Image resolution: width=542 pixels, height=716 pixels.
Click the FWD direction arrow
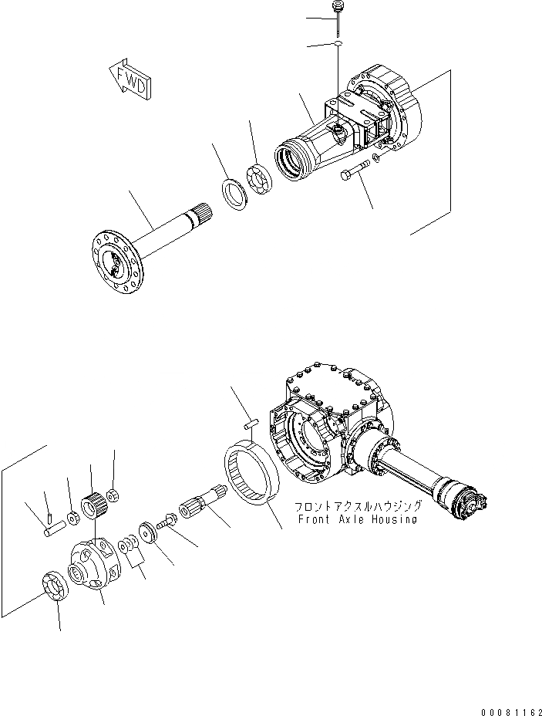pyautogui.click(x=132, y=79)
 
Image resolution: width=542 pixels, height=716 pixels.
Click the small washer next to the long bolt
pyautogui.click(x=374, y=160)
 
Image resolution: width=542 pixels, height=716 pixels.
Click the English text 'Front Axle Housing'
pyautogui.click(x=358, y=520)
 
